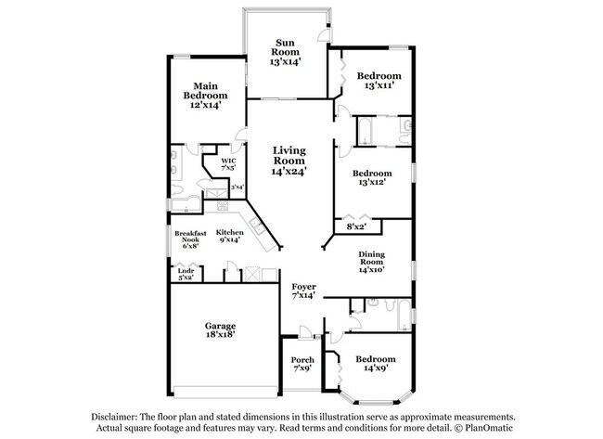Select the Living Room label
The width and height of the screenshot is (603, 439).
point(289,154)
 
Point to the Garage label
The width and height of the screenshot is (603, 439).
point(220,326)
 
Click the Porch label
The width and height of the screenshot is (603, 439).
point(301,360)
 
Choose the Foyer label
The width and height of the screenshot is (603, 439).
point(303,286)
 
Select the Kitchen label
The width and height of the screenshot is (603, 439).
point(230,232)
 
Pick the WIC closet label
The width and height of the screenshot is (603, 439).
point(228,161)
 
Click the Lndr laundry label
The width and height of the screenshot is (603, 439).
point(186,270)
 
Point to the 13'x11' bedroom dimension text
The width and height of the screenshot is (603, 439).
point(380,85)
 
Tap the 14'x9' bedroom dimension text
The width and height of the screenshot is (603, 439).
point(376,369)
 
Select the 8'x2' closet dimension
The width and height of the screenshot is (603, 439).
point(356,226)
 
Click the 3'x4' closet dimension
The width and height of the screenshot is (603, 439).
point(237,187)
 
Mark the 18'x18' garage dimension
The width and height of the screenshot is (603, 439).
point(220,336)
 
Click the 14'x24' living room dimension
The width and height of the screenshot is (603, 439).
point(289,171)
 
